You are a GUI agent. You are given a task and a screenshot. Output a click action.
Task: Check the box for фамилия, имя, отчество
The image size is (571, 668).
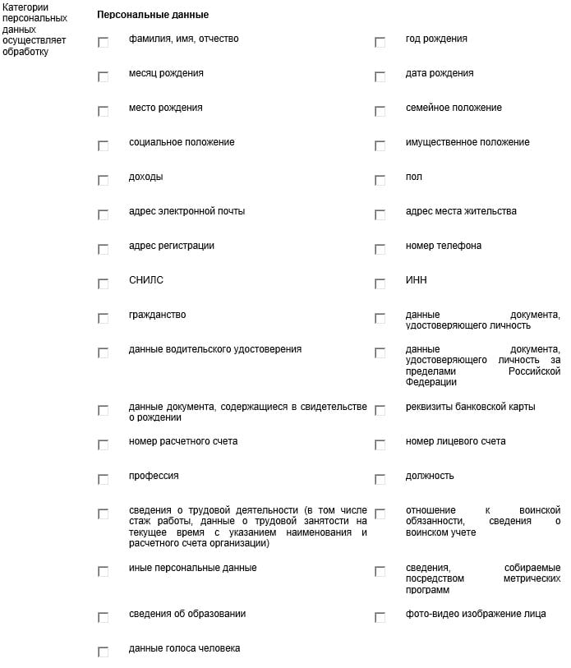103,42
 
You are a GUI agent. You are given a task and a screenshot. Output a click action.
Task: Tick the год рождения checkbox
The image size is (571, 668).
380,42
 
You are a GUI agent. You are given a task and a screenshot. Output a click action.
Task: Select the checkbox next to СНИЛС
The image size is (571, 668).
103,283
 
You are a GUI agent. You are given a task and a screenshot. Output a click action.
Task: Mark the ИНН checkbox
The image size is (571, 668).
380,283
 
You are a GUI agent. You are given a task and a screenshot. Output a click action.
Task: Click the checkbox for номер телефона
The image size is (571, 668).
380,249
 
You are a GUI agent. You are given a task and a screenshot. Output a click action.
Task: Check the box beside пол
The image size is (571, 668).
380,180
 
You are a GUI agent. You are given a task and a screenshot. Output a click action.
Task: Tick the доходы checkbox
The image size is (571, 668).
103,180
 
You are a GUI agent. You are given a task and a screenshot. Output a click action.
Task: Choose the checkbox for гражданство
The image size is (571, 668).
103,318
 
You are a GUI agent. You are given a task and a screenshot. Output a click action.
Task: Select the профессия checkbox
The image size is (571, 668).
103,479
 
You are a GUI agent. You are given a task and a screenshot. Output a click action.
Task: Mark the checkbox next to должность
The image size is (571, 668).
380,479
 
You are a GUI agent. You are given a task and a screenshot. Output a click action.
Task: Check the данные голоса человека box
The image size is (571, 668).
103,652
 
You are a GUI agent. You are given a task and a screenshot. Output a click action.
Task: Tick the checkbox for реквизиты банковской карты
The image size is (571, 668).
380,410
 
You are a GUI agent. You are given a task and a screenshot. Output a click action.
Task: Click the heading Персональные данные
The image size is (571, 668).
152,15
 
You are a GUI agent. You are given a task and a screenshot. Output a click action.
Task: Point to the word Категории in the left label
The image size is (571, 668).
25,7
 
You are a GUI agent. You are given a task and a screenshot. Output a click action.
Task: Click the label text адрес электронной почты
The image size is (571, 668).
186,211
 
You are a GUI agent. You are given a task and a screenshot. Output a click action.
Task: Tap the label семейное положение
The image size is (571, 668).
454,108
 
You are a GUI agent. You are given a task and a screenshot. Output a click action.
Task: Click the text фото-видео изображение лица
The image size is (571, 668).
475,614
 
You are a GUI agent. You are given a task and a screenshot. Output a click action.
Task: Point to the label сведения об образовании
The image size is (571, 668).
186,614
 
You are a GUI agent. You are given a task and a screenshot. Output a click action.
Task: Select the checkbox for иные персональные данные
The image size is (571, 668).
103,571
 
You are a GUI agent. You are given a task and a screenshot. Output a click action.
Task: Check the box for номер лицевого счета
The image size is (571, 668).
380,445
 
